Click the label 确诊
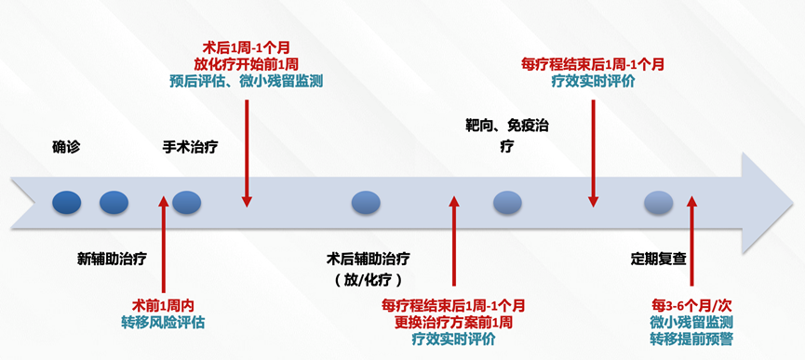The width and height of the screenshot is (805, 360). coord(66,146)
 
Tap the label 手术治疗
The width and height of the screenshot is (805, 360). coord(191,146)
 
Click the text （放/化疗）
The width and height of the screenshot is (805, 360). coord(369,279)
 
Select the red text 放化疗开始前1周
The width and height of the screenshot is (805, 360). coord(247,63)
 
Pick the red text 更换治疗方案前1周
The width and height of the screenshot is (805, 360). coord(453,322)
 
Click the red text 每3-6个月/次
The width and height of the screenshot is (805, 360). coord(691,304)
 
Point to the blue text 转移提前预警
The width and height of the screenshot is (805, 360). coord(691,339)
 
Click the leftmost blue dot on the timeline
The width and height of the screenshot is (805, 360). coord(67,200)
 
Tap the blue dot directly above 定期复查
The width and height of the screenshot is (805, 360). coord(658,200)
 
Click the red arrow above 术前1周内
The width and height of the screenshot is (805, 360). coord(163,242)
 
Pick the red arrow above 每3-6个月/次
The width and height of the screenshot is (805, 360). coord(691,242)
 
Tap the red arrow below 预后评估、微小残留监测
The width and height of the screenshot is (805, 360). coord(247,149)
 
